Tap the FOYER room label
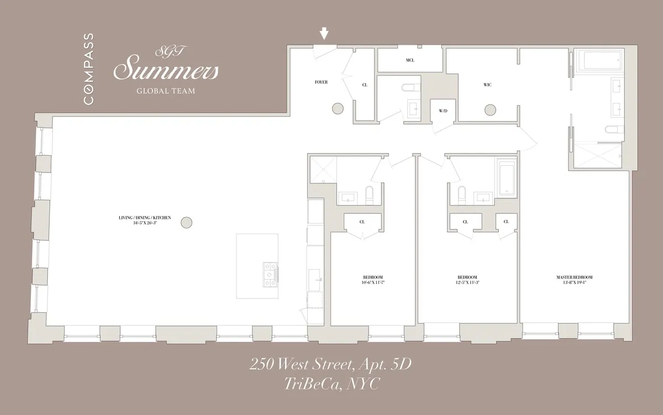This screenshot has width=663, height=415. (x=321, y=82)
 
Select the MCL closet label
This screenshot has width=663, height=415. (x=410, y=60)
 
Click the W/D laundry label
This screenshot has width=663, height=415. (x=443, y=111)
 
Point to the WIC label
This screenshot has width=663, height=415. (x=487, y=85)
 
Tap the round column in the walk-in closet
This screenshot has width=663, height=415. (x=489, y=110)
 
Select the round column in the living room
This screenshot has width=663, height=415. (x=187, y=222)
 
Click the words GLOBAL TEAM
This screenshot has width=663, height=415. (x=166, y=91)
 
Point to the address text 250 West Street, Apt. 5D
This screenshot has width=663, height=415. (x=331, y=364)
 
